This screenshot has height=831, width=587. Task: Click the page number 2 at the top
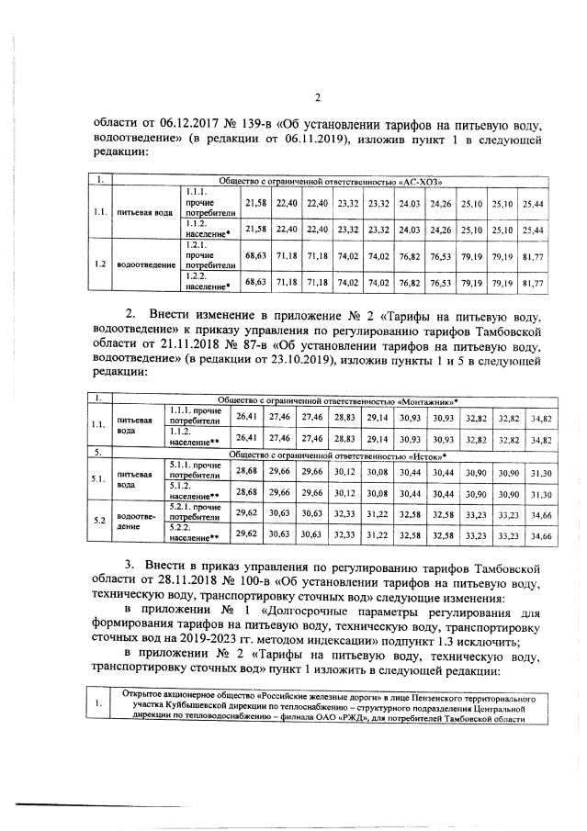(317, 98)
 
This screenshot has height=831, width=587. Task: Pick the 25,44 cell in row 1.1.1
(532, 202)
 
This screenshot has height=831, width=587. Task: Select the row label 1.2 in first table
(99, 265)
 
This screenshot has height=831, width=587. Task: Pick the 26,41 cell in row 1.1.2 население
(246, 439)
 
